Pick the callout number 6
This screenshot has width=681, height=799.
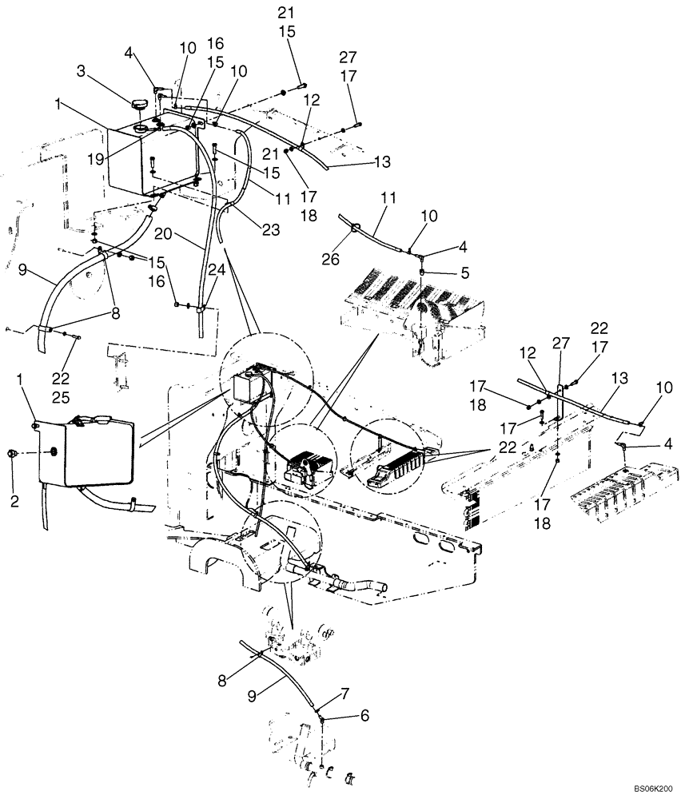[x=365, y=716]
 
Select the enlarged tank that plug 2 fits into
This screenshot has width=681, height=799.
[x=84, y=453]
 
